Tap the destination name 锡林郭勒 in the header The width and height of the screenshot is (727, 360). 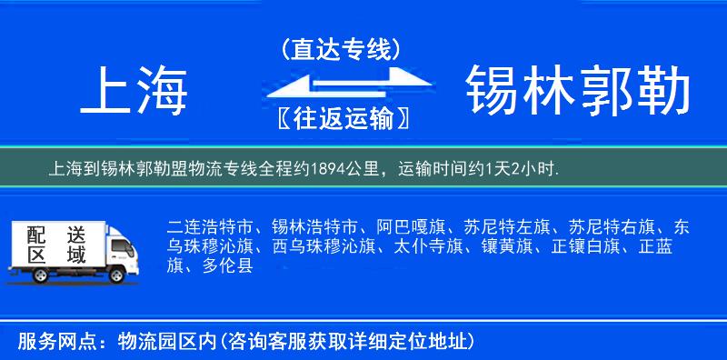pos(578,91)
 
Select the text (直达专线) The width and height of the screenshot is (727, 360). pos(341,49)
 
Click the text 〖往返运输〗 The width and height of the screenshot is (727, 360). pos(341,118)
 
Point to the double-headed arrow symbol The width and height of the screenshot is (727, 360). pos(341,84)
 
